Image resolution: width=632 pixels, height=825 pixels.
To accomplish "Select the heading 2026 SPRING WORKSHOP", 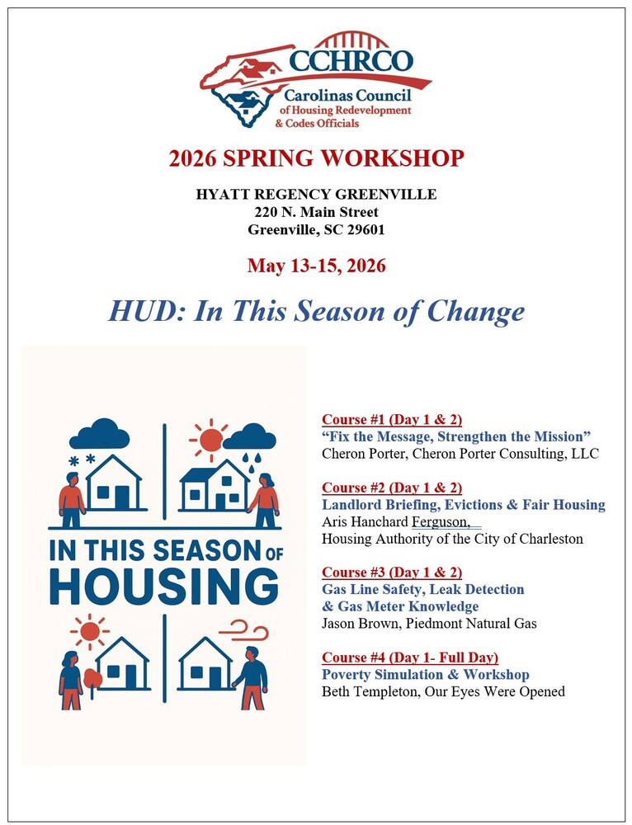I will (316, 158).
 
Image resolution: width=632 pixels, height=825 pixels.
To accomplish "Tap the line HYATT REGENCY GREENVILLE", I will (316, 195).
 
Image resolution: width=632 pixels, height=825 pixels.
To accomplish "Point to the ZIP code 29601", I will (366, 230).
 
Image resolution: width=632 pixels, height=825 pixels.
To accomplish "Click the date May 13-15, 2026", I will (316, 266).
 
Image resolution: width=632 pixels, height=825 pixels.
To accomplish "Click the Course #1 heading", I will (391, 419).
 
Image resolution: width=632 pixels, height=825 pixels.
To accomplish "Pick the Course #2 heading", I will (391, 488).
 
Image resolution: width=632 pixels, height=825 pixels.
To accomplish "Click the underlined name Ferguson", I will (441, 522).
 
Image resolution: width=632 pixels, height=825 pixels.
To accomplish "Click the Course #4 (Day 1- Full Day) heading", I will (409, 658).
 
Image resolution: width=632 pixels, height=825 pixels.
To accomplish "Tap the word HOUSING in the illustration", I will (163, 586).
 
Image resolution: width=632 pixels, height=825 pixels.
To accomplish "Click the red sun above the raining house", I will (210, 439).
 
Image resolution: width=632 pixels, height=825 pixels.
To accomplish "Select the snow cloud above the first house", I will (99, 433).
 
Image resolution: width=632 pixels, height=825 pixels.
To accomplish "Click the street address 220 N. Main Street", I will (316, 212).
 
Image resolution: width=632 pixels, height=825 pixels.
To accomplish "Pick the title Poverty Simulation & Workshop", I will (425, 675).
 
